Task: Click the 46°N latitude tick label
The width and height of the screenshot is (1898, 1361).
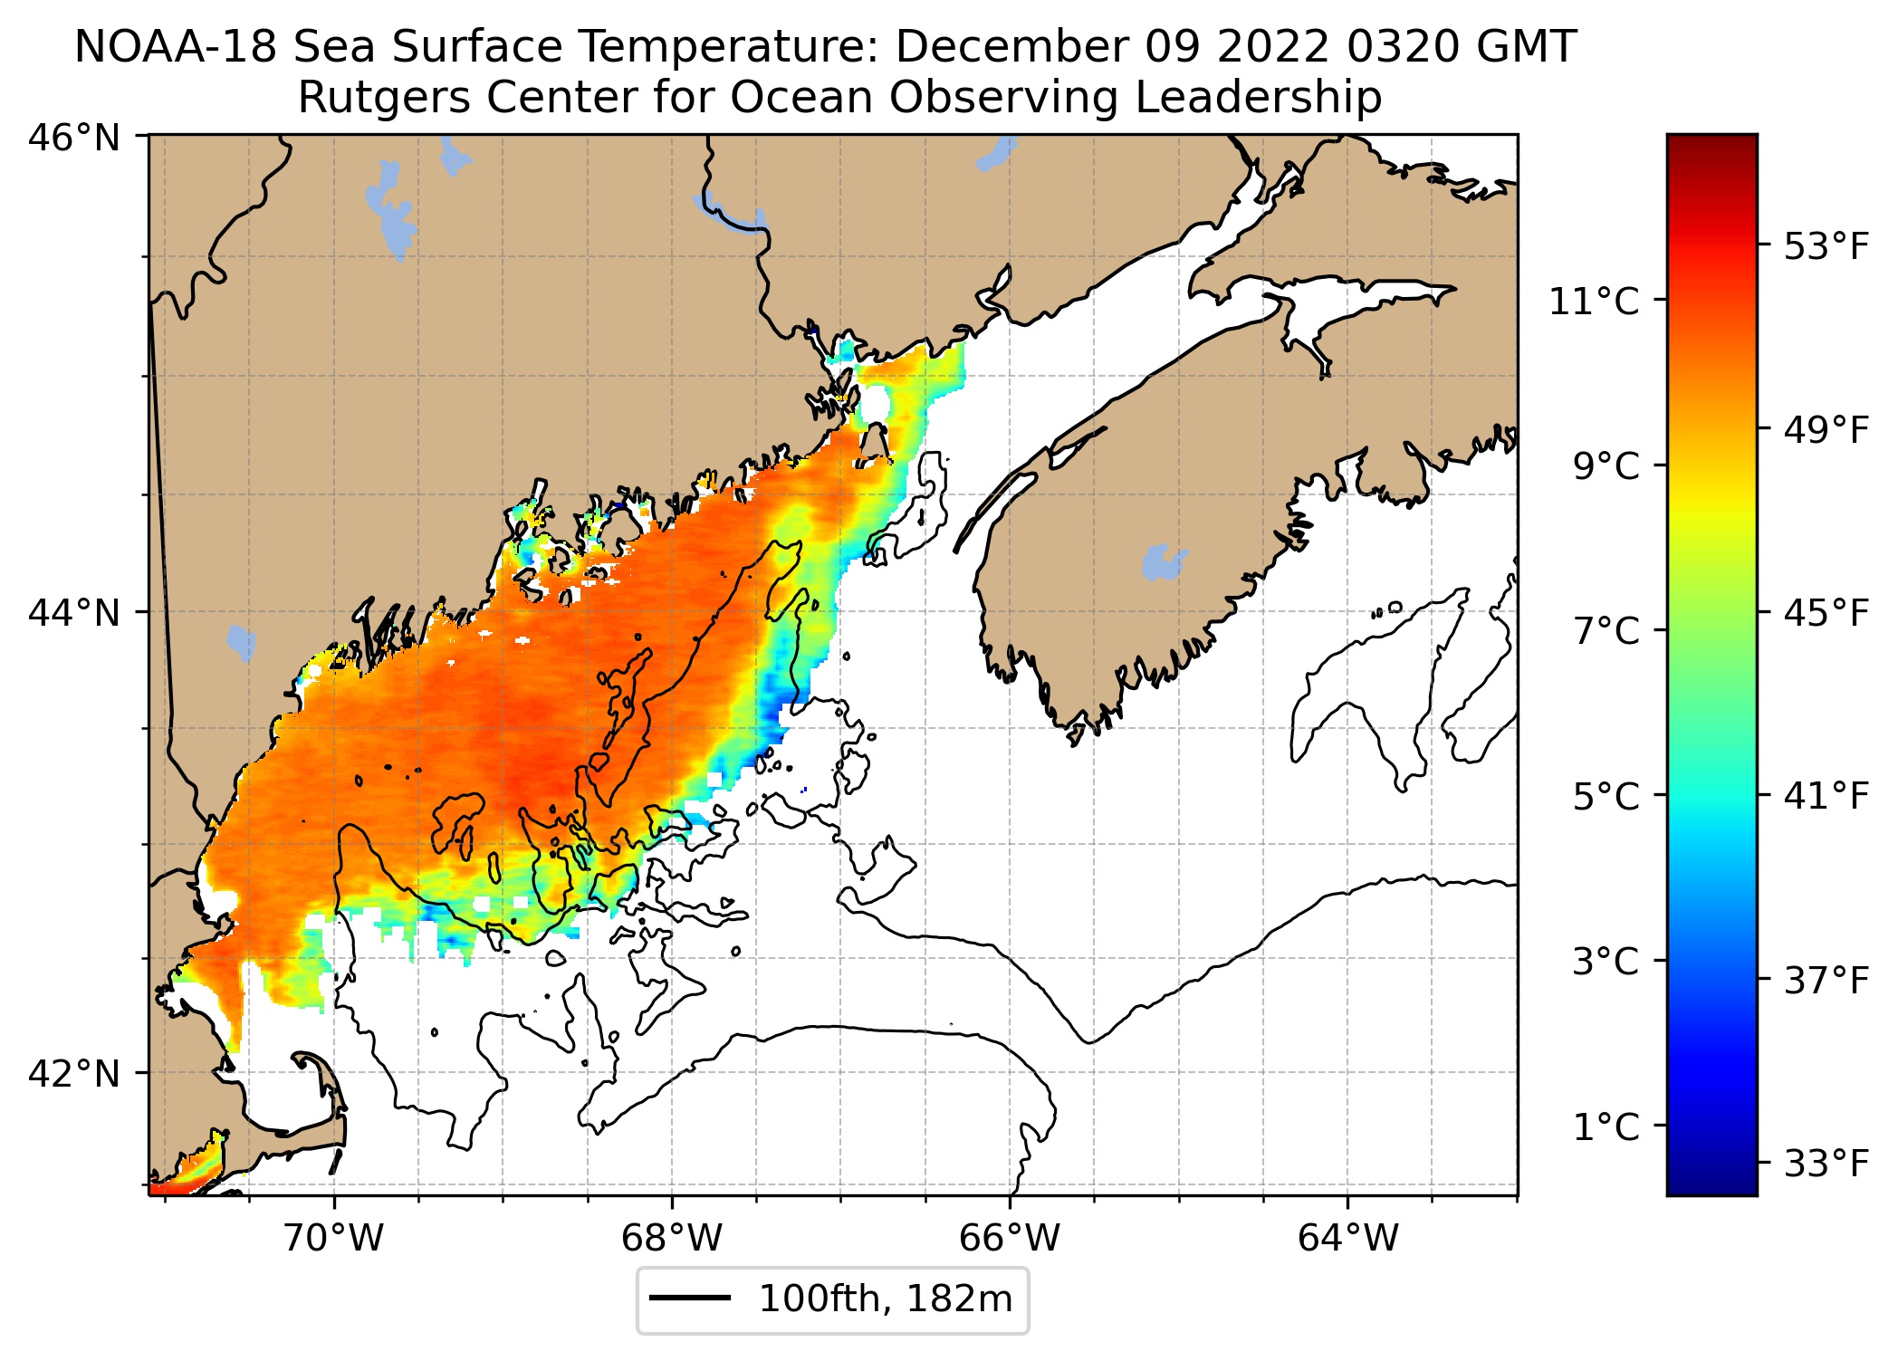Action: tap(74, 139)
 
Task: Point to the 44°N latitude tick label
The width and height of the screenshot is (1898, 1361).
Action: tap(74, 613)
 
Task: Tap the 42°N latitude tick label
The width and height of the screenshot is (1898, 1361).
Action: tap(74, 1074)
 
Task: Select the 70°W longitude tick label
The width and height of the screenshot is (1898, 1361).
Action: tap(334, 1237)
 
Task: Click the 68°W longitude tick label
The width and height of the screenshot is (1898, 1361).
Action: tap(672, 1237)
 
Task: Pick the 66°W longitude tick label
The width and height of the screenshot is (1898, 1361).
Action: tap(1010, 1237)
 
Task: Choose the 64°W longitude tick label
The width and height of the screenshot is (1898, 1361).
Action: tap(1347, 1237)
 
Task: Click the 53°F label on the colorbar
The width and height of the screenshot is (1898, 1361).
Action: tap(1826, 246)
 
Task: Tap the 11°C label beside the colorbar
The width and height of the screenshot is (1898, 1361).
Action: tap(1594, 302)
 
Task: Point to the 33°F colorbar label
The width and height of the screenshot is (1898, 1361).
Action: tap(1826, 1164)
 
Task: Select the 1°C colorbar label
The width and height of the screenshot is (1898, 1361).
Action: tap(1606, 1127)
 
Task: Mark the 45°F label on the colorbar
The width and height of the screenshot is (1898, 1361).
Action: tap(1826, 614)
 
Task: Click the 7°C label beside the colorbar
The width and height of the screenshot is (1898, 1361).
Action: tap(1606, 631)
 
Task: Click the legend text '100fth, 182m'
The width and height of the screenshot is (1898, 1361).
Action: tap(885, 1299)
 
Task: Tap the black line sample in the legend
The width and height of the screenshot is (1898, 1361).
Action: tap(690, 1299)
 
